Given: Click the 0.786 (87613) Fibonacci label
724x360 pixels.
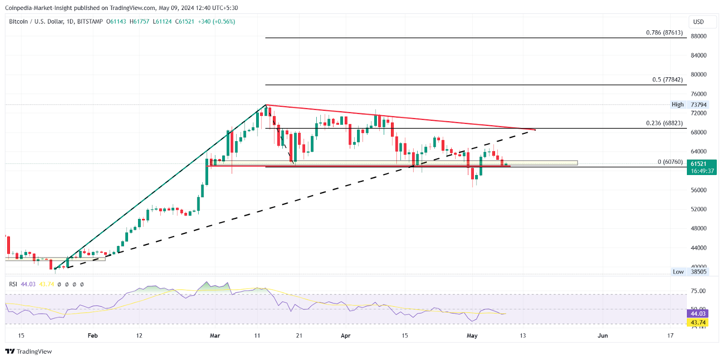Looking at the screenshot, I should click(664, 33).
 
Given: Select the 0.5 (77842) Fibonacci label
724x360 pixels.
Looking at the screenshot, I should click(667, 80).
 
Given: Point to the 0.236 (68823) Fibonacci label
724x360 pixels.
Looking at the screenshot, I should click(664, 123).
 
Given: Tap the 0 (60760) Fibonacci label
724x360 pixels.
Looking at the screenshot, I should click(670, 162).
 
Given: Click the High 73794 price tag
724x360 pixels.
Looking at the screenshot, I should click(689, 104).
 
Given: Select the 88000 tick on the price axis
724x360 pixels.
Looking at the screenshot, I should click(698, 36).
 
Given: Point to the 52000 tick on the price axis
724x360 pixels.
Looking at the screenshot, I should click(698, 209).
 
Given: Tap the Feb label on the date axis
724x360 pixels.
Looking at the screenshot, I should click(92, 336).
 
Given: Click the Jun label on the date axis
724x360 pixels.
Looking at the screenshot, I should click(602, 336).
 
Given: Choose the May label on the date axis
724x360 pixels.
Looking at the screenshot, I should click(472, 336).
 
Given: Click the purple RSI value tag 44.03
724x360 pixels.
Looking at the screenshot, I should click(698, 313).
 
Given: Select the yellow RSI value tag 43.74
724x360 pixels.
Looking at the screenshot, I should click(698, 322).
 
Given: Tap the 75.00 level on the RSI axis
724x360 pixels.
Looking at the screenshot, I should click(698, 291).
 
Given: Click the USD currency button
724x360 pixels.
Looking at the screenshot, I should click(699, 22).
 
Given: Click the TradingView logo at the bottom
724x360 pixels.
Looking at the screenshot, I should click(29, 351).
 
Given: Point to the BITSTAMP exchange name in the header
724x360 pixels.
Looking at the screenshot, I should click(90, 22).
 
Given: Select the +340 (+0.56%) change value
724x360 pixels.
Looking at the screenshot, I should click(216, 22).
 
